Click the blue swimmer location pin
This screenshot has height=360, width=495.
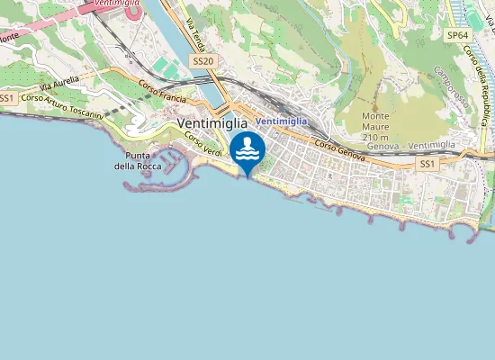coord(247,151)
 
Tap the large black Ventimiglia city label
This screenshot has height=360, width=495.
coord(214,123)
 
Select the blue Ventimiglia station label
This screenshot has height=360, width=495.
coord(281,121)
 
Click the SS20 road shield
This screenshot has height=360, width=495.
coord(202,60)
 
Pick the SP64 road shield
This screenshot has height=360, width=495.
coord(457,35)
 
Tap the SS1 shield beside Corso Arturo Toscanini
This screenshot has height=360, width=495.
coord(8,98)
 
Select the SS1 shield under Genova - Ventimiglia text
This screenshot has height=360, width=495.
coord(427,164)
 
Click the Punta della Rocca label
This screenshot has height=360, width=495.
coord(138,160)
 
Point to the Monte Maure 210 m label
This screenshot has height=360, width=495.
coord(382,121)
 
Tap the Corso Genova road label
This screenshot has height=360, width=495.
coord(339,151)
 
